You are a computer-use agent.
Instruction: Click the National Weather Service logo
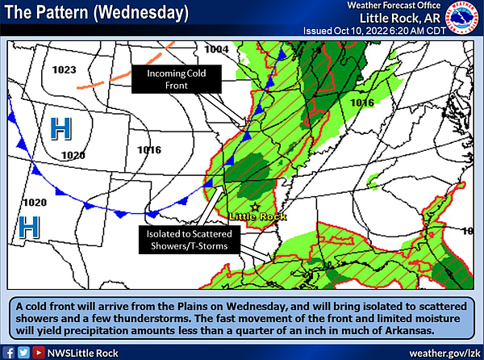tap(463, 19)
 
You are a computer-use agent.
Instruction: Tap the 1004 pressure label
tap(217, 49)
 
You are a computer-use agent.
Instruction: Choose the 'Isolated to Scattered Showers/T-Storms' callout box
tap(186, 240)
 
